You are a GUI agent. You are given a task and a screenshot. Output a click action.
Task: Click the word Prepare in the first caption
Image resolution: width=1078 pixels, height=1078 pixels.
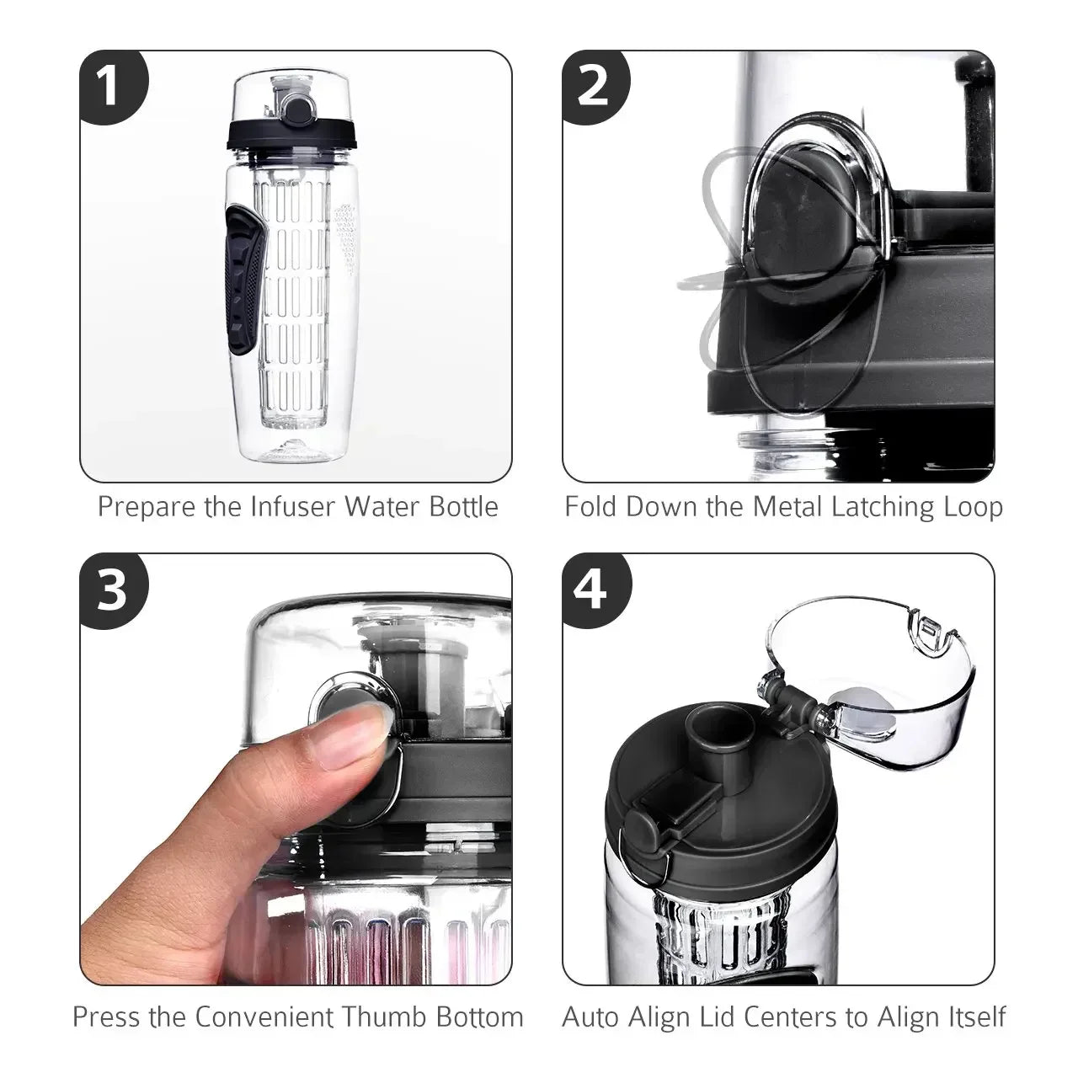pos(147,507)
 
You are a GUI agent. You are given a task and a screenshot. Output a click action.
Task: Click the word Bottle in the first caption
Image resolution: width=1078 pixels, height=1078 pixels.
pos(463,507)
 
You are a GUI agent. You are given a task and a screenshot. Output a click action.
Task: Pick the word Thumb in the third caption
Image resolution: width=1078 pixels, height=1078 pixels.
pos(387,1017)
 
